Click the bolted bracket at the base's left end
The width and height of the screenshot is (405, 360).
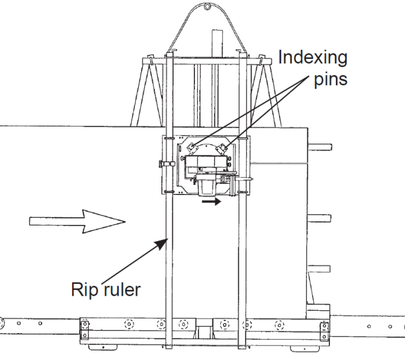[x=85, y=328]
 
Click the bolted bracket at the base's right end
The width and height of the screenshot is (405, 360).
[x=324, y=328]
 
